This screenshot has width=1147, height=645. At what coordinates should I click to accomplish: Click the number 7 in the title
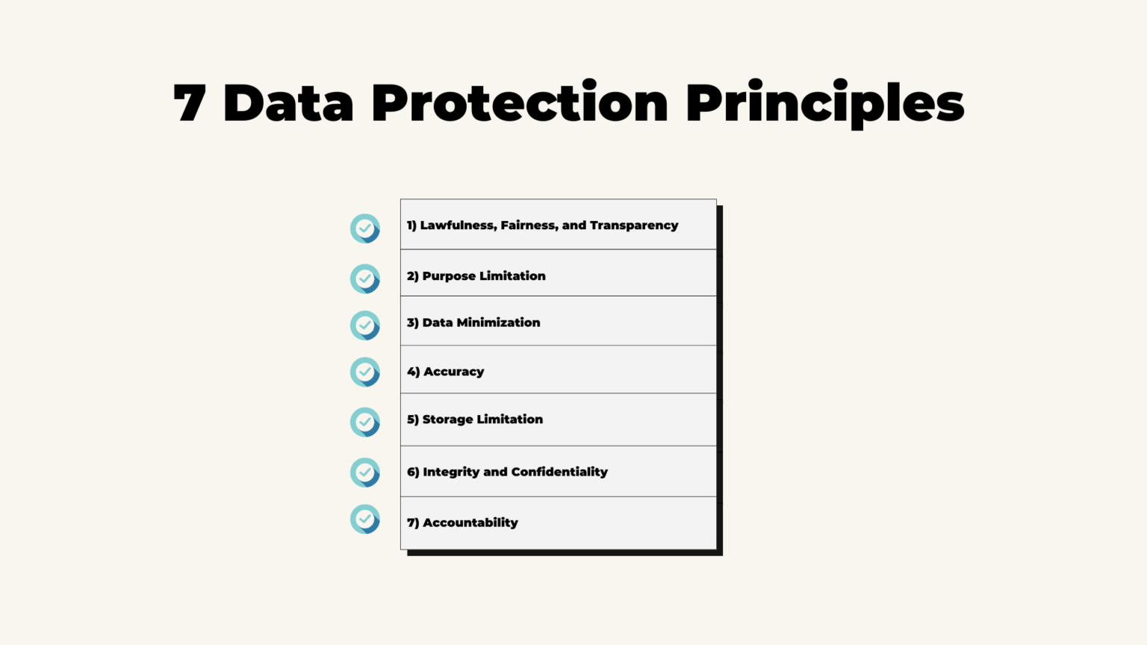(x=190, y=103)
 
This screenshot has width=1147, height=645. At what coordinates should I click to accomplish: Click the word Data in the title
(x=288, y=103)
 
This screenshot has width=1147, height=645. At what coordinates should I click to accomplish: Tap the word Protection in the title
(x=520, y=103)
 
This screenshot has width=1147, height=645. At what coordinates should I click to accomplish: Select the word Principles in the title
(x=824, y=103)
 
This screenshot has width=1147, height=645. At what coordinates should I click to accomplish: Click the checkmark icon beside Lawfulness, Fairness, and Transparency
(x=365, y=228)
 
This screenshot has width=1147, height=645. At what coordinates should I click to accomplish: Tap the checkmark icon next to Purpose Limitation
(x=365, y=278)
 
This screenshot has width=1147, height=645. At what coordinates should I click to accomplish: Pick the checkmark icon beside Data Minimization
(x=365, y=325)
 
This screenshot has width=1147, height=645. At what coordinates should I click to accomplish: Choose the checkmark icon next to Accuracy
(x=365, y=372)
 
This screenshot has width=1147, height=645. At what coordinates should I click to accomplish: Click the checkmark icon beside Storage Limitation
(x=365, y=422)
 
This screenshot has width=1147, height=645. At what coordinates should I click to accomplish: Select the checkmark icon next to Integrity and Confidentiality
(x=365, y=473)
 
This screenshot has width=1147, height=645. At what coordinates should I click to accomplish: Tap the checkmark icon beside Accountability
(x=365, y=520)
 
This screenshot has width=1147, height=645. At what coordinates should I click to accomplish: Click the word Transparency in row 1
(x=634, y=225)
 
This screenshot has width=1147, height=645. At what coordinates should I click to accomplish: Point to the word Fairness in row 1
(x=528, y=225)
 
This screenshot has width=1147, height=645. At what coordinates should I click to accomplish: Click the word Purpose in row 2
(x=449, y=276)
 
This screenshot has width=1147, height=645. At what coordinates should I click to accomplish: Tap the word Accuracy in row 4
(x=453, y=372)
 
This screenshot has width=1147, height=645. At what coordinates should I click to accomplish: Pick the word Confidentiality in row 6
(x=559, y=472)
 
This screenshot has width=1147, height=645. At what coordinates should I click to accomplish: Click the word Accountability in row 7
(x=470, y=523)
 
